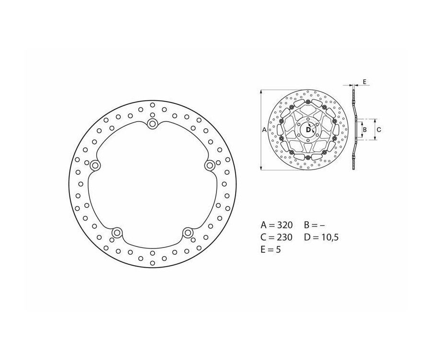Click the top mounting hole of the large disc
coord(152,124)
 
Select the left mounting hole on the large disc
coord(95,166)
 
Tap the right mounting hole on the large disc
coord(210,166)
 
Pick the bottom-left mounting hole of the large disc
coord(117,233)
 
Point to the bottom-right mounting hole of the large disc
coord(188,233)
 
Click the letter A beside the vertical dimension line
coord(264,130)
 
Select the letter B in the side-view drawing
coord(364,130)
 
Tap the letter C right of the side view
coord(378,130)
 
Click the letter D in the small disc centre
coord(308,129)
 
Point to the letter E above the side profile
coord(364,82)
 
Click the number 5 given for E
coord(278,249)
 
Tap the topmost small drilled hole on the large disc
coord(152,105)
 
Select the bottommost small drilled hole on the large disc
coord(152,263)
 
